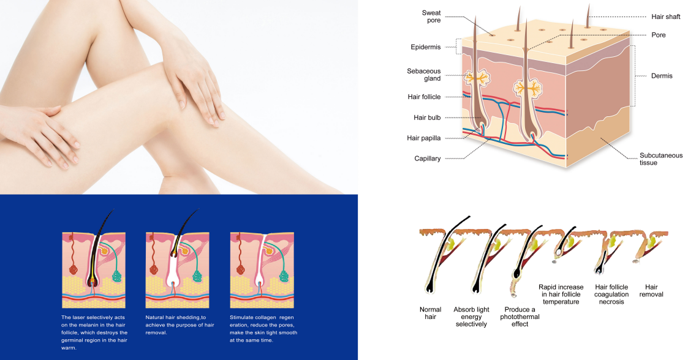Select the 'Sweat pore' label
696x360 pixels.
point(431,17)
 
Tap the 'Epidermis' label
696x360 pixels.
point(425,47)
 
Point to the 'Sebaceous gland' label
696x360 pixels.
point(424,75)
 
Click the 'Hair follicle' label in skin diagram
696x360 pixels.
point(424,97)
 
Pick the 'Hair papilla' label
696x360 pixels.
point(424,138)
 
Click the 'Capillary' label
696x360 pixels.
point(427,159)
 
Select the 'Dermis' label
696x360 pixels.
point(662,76)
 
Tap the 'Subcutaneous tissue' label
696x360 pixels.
point(661,159)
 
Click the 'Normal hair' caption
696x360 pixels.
point(430,313)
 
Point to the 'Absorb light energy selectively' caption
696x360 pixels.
point(471,317)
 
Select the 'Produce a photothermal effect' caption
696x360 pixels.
point(520,317)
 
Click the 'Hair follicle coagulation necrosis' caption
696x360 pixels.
point(611,294)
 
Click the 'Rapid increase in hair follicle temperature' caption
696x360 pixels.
point(562,294)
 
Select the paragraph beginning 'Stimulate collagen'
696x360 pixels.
point(263,328)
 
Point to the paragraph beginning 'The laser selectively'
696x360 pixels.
point(94,332)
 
